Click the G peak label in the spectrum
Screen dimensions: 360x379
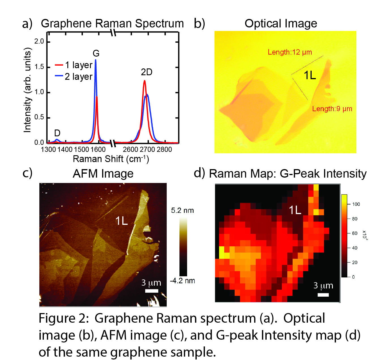[x=96, y=53]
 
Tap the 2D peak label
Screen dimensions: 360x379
[x=147, y=72]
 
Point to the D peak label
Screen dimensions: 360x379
[x=57, y=133]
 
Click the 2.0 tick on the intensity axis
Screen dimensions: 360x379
[x=39, y=42]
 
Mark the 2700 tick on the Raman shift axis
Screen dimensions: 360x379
[x=147, y=150]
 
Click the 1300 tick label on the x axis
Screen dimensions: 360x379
[x=48, y=150]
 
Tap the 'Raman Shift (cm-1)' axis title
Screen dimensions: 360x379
[x=111, y=159]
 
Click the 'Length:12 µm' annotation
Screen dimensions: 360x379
[x=290, y=52]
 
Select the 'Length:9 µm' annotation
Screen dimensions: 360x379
[x=332, y=109]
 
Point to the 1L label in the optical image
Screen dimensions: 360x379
[x=310, y=76]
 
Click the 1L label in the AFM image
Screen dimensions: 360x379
[x=121, y=221]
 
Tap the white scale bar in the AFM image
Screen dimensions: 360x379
[x=152, y=291]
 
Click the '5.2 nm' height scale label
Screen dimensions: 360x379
[x=182, y=210]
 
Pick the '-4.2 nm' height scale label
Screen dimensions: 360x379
[x=182, y=281]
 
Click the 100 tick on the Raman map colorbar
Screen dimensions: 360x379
[x=356, y=204]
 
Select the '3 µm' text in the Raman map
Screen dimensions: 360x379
[x=323, y=286]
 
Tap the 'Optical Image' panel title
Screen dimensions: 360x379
[x=281, y=23]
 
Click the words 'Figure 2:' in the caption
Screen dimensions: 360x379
[x=64, y=318]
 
